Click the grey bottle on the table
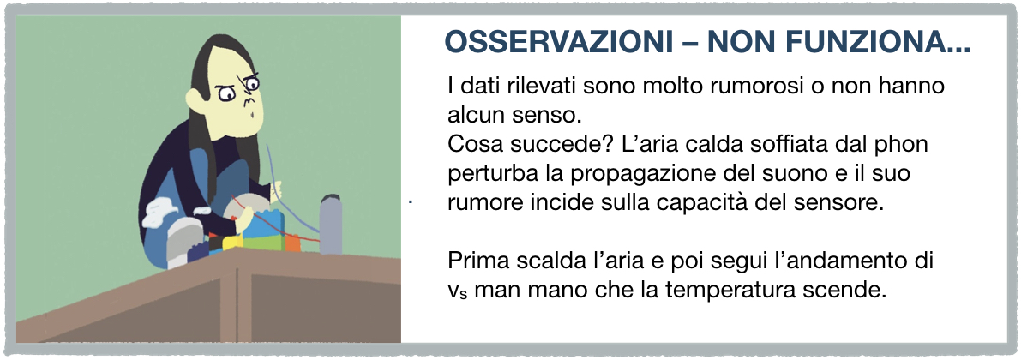pyautogui.click(x=331, y=224)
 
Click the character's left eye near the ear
pyautogui.click(x=226, y=94)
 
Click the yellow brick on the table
pyautogui.click(x=232, y=243)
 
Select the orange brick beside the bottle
pyautogui.click(x=292, y=243)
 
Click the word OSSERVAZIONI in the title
pyautogui.click(x=559, y=43)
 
